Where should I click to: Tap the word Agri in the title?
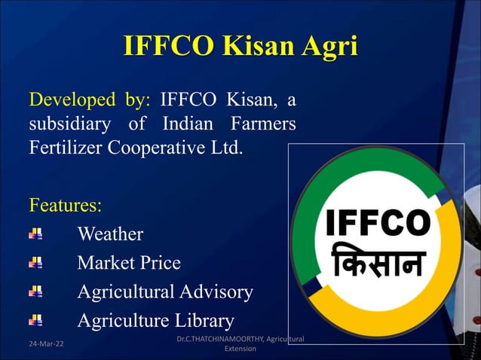coord(329,46)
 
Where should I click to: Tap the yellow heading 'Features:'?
coord(65,204)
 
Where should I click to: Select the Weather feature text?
coord(110,234)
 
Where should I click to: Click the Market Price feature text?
coord(129,263)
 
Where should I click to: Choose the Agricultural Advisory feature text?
coord(165,291)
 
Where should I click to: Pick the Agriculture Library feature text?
coord(155,320)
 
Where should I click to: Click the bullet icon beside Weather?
coord(35,234)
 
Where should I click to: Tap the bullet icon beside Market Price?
coord(35,263)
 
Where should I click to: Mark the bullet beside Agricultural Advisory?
coord(35,291)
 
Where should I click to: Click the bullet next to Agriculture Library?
coord(35,320)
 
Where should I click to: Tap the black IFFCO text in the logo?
coord(377,223)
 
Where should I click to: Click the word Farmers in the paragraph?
coord(265,123)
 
